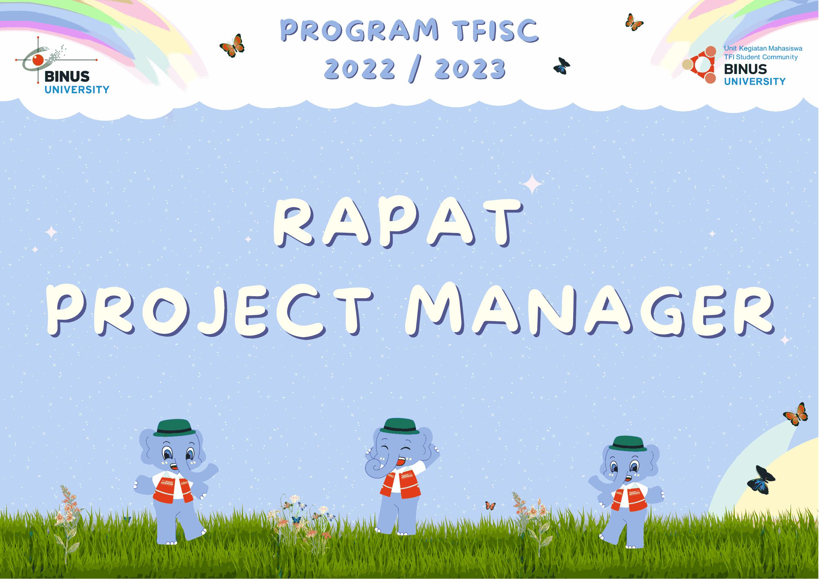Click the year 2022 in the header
[359, 69]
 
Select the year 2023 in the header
[470, 69]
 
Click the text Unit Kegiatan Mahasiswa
[763, 48]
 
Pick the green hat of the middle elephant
[399, 426]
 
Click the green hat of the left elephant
[174, 428]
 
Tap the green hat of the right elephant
[628, 443]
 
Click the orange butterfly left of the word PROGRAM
[232, 46]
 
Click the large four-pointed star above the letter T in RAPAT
[532, 184]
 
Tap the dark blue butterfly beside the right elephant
[760, 480]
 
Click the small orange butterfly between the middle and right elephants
[490, 505]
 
